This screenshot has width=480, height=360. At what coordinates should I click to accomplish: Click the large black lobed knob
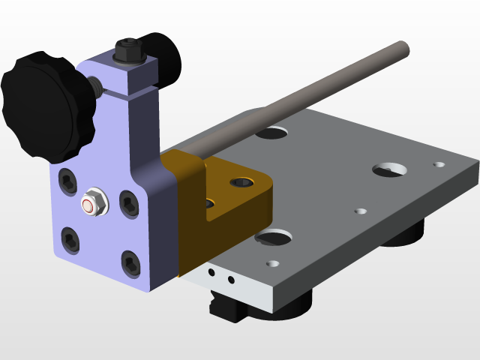(x=46, y=105)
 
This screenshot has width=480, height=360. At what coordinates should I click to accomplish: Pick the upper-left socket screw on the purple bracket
(x=68, y=179)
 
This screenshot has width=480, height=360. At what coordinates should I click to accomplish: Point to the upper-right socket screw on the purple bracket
(x=127, y=202)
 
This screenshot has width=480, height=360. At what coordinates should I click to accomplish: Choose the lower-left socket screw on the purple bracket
(x=71, y=240)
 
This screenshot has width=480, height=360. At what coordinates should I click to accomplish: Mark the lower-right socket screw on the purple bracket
(x=131, y=262)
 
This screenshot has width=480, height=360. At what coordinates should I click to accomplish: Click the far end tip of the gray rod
(x=403, y=46)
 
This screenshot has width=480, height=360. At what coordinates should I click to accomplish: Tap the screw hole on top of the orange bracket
(x=241, y=181)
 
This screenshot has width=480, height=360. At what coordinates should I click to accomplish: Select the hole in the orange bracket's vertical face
(x=209, y=203)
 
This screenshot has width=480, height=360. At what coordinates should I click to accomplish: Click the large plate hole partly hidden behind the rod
(x=272, y=133)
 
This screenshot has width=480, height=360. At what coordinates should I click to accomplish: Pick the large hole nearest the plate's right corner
(x=390, y=169)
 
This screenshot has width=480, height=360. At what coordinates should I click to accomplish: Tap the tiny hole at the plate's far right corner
(x=439, y=163)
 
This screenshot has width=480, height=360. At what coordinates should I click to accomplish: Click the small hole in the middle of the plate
(x=360, y=211)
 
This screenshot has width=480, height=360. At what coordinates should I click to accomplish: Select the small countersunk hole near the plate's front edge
(x=272, y=264)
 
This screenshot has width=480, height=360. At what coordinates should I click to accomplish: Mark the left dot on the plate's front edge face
(x=214, y=274)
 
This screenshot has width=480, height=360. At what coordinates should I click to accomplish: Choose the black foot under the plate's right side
(x=405, y=234)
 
